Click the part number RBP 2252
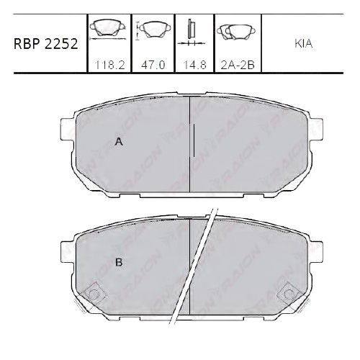click(x=44, y=43)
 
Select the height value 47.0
click(x=153, y=63)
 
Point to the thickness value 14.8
click(x=192, y=63)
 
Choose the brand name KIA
click(x=304, y=43)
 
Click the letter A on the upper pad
click(x=120, y=142)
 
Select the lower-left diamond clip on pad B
click(x=92, y=294)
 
